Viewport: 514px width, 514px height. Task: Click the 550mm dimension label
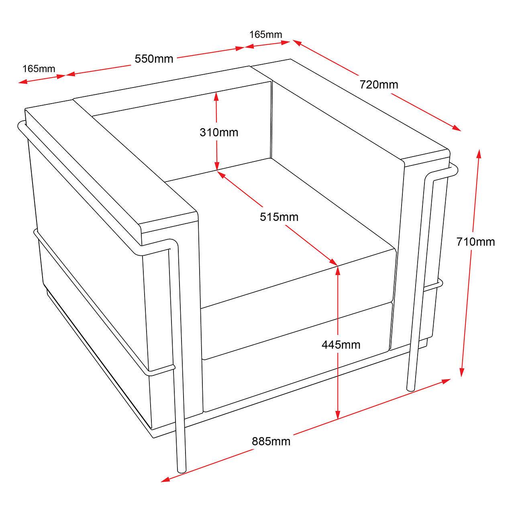tap(154, 59)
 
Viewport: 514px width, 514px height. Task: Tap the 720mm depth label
tap(379, 85)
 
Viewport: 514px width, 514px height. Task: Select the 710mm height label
tap(475, 242)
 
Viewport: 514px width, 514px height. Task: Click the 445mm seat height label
tap(341, 345)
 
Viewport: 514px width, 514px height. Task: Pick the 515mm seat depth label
tap(279, 217)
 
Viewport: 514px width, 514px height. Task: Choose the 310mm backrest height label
tap(219, 132)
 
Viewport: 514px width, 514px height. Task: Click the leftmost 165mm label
tap(39, 69)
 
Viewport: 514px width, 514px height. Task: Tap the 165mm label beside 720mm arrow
tap(266, 35)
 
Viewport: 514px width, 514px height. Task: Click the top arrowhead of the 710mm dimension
tap(479, 154)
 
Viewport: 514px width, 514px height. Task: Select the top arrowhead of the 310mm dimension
tap(216, 96)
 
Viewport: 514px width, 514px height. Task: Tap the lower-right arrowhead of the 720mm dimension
tap(457, 128)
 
